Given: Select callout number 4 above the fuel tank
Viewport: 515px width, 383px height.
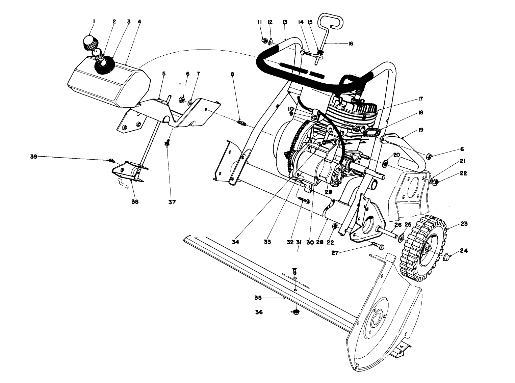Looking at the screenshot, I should coord(139,22).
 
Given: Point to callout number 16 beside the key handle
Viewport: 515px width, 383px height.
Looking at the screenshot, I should coord(350,44).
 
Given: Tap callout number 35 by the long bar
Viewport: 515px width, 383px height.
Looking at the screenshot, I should coord(258,298).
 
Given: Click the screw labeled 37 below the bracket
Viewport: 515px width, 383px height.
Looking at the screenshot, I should coord(166,143).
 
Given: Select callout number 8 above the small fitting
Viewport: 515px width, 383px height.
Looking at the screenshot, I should coord(232,74).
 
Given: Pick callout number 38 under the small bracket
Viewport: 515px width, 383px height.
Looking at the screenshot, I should coord(135,202).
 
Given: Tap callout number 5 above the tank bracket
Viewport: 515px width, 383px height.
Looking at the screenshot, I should coord(163,74).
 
